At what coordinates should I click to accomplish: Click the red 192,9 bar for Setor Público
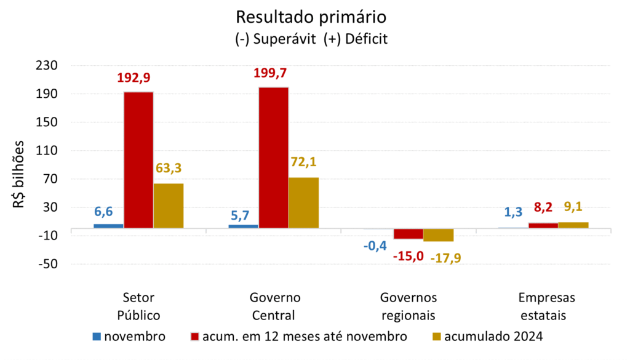click(x=138, y=160)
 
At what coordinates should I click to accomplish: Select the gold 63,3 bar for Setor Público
click(x=169, y=206)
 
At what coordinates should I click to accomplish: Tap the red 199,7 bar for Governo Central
click(x=274, y=158)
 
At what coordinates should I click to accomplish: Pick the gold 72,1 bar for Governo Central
click(x=304, y=202)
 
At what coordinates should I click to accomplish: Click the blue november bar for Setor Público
click(x=108, y=226)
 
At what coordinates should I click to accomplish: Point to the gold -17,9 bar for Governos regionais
click(x=438, y=235)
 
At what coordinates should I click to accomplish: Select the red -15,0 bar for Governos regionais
click(x=409, y=234)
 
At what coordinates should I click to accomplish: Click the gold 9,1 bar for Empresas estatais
click(x=573, y=225)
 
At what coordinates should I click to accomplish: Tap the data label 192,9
click(x=134, y=78)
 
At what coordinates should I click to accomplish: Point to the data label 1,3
click(x=514, y=212)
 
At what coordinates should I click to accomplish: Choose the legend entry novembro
click(x=129, y=337)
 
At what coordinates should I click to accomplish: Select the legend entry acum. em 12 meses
click(x=300, y=337)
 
